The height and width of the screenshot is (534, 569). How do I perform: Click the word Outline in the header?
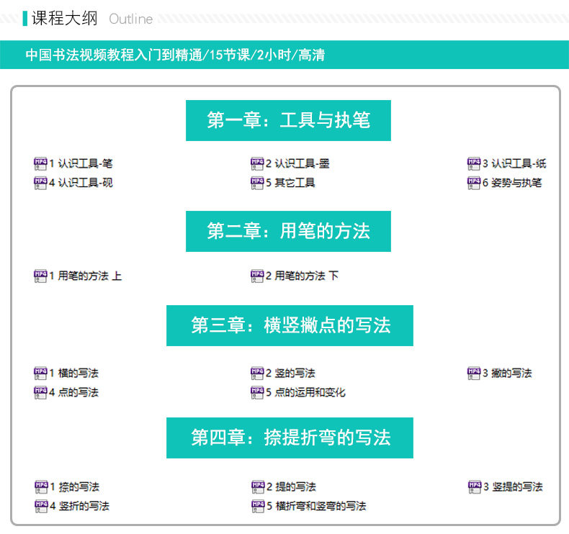131,19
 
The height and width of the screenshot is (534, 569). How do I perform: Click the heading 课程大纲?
64,18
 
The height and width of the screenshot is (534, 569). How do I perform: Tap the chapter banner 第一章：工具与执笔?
288,120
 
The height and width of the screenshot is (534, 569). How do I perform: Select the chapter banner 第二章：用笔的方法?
288,231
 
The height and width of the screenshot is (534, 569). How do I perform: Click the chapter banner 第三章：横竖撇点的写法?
290,325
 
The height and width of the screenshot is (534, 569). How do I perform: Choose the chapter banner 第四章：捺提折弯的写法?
290,438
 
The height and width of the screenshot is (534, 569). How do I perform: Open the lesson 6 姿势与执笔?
512,183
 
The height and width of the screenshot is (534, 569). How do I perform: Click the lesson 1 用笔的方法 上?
86,276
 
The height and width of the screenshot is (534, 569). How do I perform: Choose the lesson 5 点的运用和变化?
305,392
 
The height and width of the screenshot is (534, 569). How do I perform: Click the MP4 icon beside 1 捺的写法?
40,487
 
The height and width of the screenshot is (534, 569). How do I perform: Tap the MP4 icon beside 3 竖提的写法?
474,487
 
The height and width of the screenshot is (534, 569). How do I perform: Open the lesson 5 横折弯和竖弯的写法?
315,506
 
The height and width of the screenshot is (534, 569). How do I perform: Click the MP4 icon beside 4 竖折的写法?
40,506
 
